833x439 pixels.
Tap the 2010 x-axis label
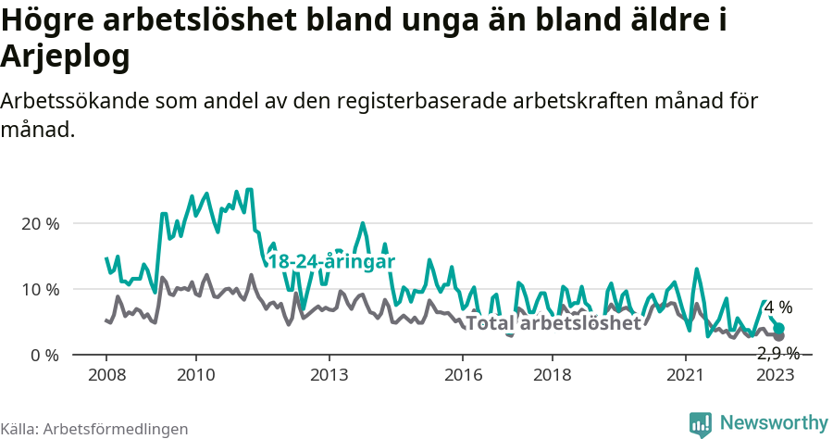point(195,374)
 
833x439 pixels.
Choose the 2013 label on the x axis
point(329,374)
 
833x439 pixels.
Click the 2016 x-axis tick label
point(463,374)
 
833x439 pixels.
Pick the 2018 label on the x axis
point(553,374)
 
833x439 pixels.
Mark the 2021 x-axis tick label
point(686,374)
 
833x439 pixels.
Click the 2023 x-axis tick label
point(776,374)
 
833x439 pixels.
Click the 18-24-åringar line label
point(331,262)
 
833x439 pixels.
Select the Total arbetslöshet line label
point(553,323)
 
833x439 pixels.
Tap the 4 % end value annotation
point(778,307)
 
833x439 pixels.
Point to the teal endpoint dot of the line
point(779,329)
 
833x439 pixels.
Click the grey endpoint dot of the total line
point(779,336)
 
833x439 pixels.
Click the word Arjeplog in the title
point(65,56)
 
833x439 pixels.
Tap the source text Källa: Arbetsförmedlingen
point(94,429)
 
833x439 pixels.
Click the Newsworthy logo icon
point(701,424)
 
